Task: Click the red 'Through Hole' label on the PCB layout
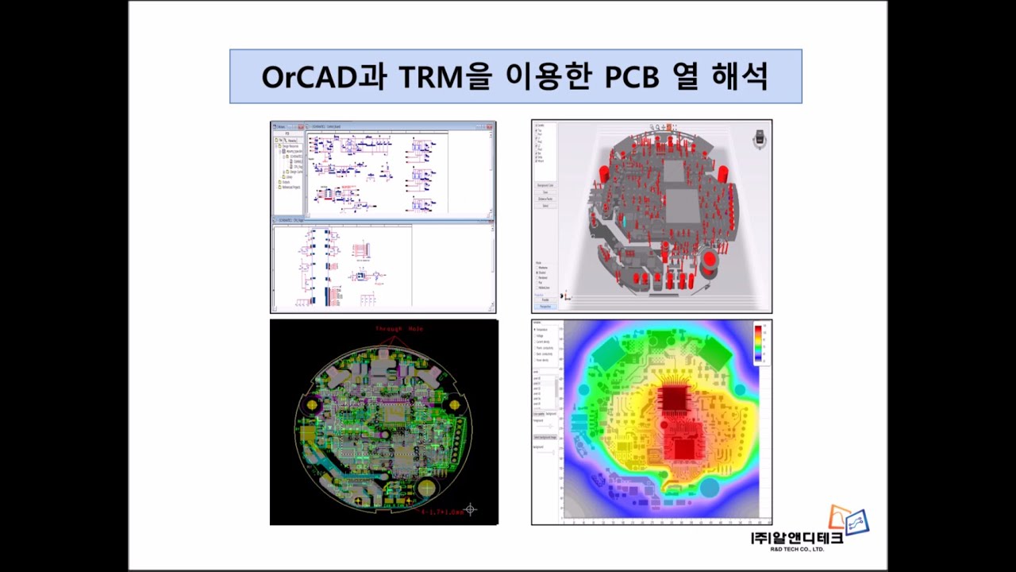point(400,329)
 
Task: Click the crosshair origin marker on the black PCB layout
point(471,508)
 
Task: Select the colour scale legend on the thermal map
point(759,343)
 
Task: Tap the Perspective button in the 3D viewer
point(545,306)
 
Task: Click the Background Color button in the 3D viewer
point(545,185)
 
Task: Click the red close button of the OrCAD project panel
point(301,126)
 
